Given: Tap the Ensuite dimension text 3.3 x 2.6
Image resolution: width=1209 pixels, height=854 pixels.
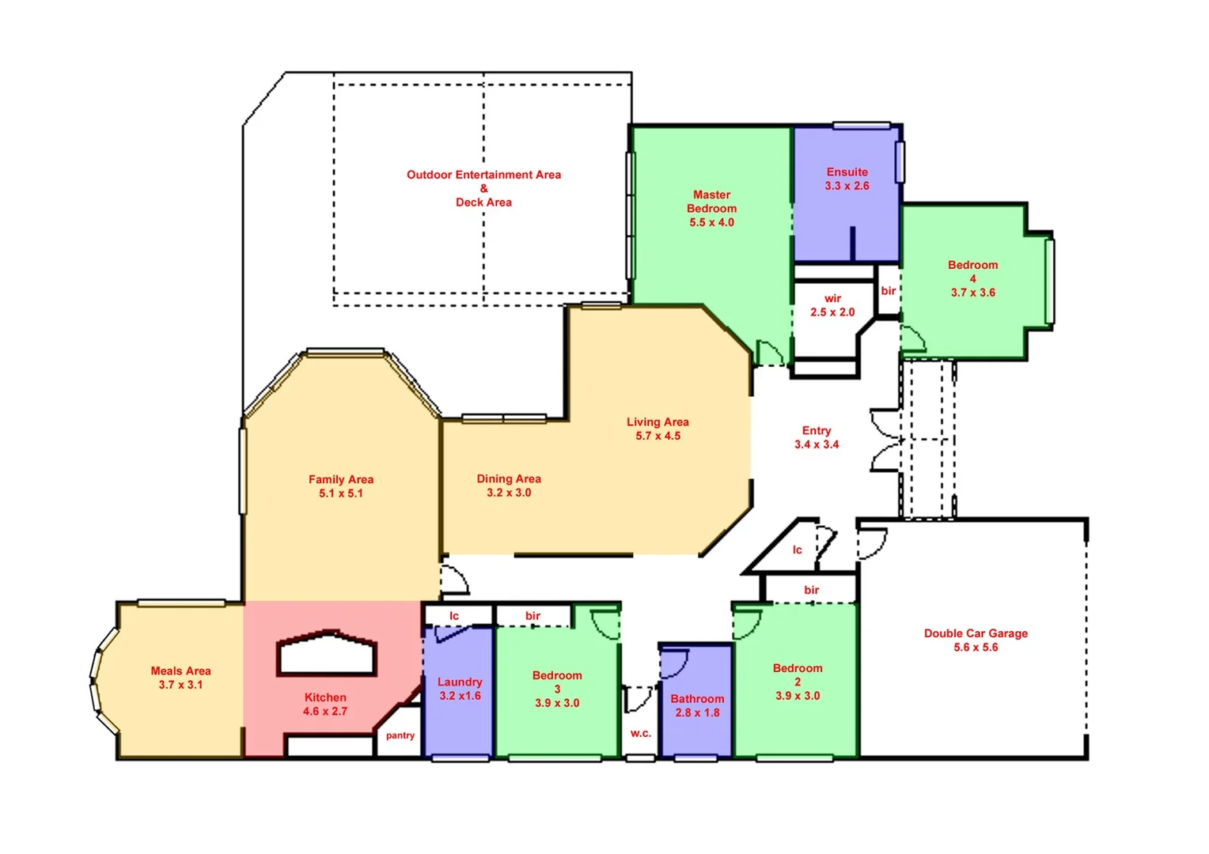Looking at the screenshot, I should (847, 186).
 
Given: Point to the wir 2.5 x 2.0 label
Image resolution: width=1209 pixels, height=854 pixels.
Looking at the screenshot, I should (832, 305).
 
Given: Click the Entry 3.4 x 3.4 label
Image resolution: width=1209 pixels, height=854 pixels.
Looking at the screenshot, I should (817, 437).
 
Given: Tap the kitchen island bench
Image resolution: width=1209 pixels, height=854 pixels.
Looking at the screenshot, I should (326, 654).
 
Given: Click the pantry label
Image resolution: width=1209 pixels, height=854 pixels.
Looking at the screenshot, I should (400, 735).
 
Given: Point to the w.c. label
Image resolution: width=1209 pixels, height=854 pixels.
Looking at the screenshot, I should (641, 733).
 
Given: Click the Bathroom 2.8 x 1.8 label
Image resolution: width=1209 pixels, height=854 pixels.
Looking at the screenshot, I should (697, 705).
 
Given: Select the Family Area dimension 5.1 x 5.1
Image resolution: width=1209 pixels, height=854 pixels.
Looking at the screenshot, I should (341, 493).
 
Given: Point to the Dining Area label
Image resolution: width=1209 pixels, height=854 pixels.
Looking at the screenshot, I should (509, 478).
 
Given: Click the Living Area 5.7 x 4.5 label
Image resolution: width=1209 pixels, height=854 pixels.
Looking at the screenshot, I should (658, 429).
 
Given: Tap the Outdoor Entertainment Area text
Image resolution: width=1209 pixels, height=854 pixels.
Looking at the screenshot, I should (483, 175).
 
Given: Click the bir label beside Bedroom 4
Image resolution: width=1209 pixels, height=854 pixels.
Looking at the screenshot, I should (889, 291).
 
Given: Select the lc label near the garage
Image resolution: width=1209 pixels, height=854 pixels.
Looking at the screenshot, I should (798, 550).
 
